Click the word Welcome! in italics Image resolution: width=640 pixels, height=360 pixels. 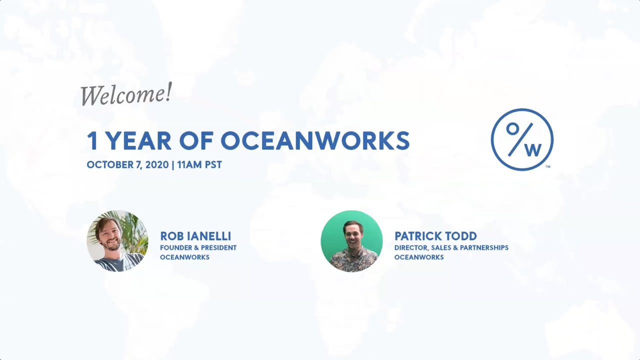(x=126, y=94)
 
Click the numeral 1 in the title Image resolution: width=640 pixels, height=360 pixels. (x=92, y=141)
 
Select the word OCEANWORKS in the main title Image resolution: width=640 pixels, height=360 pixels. (x=315, y=141)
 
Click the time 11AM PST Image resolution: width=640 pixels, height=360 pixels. (x=199, y=165)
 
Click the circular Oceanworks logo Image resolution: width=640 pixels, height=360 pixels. (x=522, y=139)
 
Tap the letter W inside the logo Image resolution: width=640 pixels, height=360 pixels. (x=533, y=149)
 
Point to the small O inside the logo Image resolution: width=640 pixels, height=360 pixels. (x=512, y=128)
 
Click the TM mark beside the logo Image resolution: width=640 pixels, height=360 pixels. (x=548, y=166)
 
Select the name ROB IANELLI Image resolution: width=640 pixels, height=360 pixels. (x=195, y=236)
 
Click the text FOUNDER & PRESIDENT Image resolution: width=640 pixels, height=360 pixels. (x=198, y=247)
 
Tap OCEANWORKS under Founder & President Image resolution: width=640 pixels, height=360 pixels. (x=184, y=257)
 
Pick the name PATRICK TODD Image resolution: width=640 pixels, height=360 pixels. (x=435, y=236)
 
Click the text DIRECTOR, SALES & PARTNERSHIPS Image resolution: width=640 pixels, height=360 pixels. (x=451, y=247)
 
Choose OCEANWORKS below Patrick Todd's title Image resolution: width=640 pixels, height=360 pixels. (x=419, y=257)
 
